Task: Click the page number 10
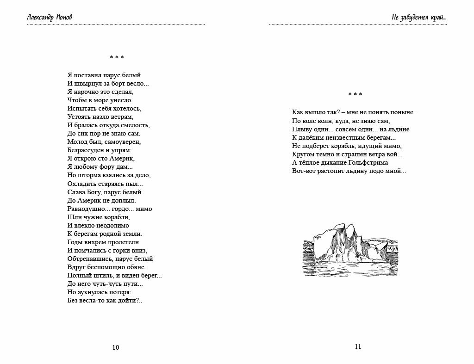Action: (116, 347)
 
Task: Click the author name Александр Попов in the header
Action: (50, 18)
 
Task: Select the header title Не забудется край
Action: (418, 18)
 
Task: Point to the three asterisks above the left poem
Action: (117, 58)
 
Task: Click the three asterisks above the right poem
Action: (355, 95)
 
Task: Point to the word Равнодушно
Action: (87, 209)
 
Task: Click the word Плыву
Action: (301, 129)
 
